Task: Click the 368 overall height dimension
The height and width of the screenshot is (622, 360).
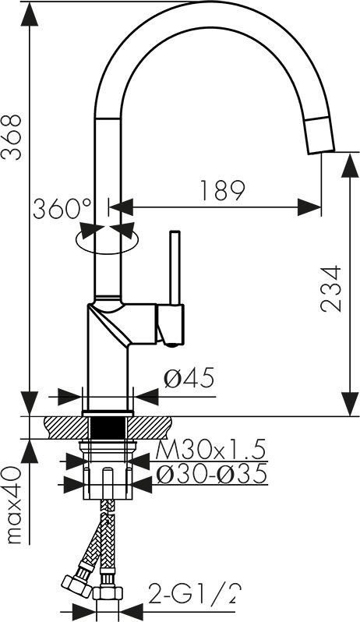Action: pos(11,137)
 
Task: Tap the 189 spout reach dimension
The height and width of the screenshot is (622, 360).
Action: pos(222,190)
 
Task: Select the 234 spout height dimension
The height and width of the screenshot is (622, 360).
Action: pos(330,288)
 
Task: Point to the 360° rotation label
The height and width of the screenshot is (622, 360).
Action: pos(62,209)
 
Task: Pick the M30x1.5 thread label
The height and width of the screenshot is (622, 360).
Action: pos(210,451)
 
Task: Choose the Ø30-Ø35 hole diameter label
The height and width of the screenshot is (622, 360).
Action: pos(210,475)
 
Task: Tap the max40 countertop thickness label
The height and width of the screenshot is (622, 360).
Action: pos(13,505)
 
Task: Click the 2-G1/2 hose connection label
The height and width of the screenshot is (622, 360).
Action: pos(194,594)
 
